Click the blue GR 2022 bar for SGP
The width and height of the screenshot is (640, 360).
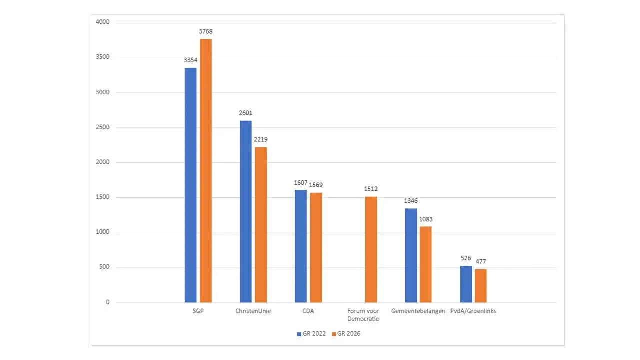[190, 185]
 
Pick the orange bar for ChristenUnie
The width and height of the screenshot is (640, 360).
[261, 225]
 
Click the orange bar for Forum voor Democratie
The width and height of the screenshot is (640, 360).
[371, 250]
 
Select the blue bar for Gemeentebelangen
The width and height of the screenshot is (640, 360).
[411, 255]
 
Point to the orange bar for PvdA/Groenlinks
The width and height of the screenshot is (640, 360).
[481, 286]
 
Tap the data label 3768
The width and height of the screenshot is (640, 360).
[206, 31]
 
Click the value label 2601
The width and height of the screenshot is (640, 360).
[245, 113]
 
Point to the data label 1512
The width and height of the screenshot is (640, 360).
[371, 189]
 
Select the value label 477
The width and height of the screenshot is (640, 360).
[481, 261]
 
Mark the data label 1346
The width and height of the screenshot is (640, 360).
[411, 201]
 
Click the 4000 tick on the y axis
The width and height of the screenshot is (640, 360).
[102, 23]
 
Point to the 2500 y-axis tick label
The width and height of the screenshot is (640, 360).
[102, 128]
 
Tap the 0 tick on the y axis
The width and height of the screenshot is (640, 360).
[107, 302]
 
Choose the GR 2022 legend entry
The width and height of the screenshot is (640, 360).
[311, 333]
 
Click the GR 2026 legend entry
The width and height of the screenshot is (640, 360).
[346, 333]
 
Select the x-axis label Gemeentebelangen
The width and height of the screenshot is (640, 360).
[418, 311]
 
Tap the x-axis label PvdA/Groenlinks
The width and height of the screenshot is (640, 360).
[477, 311]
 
